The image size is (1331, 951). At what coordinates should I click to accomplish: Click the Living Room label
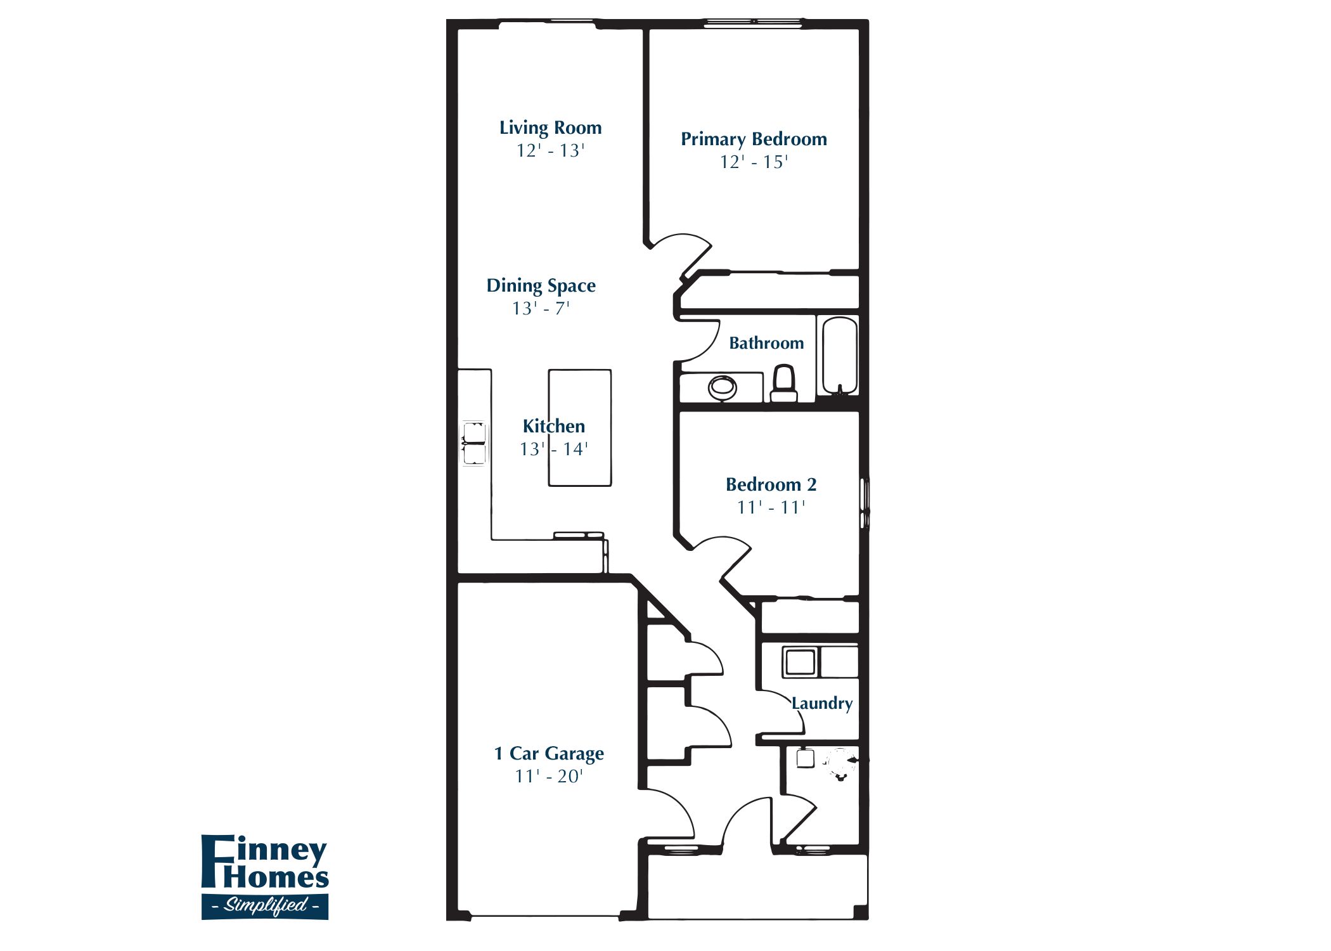coord(550,127)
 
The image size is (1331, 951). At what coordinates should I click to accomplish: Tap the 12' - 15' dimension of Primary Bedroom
coord(754,162)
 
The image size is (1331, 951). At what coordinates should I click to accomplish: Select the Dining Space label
coord(541,285)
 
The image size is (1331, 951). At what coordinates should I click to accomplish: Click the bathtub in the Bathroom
coord(840,356)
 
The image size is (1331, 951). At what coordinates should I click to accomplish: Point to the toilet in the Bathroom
coord(784,383)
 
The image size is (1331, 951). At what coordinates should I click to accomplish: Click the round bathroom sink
coord(722,386)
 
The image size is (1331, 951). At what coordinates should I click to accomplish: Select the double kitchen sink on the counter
coord(474,443)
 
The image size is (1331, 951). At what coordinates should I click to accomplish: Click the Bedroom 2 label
coord(771,485)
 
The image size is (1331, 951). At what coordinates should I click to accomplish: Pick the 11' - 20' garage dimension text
coord(549,777)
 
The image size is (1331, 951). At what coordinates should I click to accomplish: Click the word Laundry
coord(822,703)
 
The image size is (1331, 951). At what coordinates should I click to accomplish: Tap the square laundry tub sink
coord(800,662)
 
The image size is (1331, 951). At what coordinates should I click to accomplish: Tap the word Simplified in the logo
coord(265,905)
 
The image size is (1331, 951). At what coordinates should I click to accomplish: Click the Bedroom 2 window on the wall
coord(865,504)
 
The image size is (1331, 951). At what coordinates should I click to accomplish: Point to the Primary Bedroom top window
coord(754,23)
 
